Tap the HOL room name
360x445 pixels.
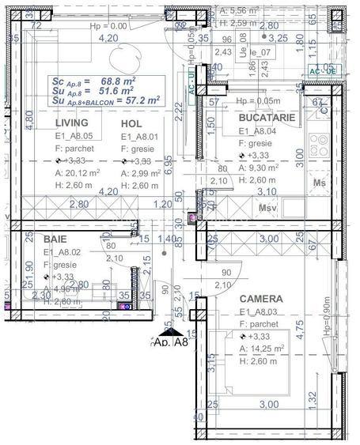132,124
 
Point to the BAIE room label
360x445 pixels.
55,239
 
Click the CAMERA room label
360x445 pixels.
260,300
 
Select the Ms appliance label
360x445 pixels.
320,183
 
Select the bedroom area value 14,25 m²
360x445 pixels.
266,349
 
